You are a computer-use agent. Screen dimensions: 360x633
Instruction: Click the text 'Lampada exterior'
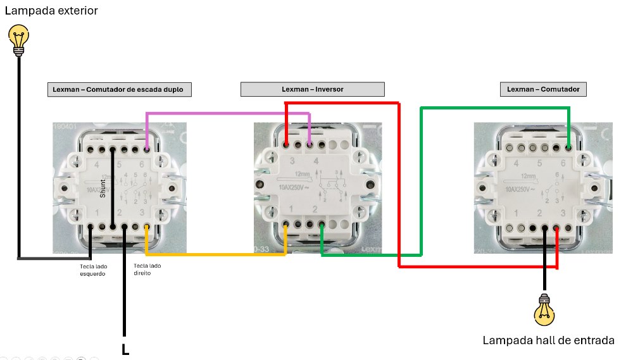tap(51, 11)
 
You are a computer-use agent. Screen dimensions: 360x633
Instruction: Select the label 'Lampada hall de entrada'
tap(548, 340)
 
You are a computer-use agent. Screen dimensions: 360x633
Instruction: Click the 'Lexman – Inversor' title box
tap(312, 89)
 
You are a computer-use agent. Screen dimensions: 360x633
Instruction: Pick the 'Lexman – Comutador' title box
tap(543, 89)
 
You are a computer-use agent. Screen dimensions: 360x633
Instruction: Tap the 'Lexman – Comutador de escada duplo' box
tap(119, 89)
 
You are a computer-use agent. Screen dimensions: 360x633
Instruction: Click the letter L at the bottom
tap(125, 349)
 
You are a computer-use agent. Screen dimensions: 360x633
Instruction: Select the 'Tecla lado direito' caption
tap(147, 270)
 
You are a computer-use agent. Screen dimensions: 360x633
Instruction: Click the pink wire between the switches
tap(228, 114)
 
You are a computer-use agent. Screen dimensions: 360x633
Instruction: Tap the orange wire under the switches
tap(215, 254)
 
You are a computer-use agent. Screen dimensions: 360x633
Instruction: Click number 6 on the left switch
tap(140, 165)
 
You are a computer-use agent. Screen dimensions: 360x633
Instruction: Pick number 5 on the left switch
tap(118, 165)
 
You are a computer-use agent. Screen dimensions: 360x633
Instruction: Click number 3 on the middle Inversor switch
tap(292, 162)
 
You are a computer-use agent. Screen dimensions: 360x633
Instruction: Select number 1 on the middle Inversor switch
tap(291, 209)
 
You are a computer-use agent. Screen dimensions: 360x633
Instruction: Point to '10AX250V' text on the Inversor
tap(292, 187)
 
